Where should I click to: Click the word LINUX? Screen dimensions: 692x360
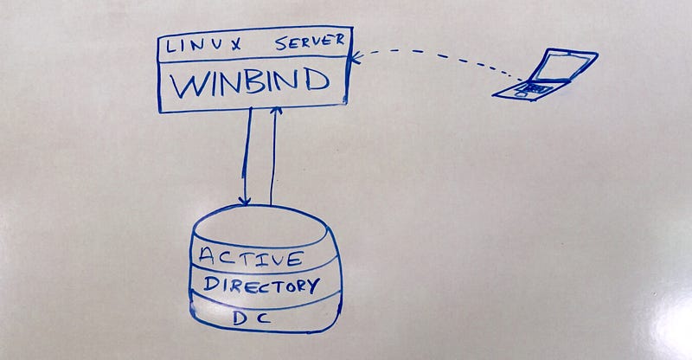coord(203,46)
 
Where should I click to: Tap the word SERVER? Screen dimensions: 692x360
coord(310,42)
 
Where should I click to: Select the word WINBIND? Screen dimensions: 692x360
coord(250,82)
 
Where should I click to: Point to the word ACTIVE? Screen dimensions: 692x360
coord(251,257)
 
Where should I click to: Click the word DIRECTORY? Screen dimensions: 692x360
coord(261,286)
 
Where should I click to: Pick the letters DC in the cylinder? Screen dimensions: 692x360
coord(252,318)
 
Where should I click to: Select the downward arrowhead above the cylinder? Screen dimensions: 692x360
coord(245,201)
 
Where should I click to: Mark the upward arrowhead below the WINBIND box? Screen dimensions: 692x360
coord(276,111)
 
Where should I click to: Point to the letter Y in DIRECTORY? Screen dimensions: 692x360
coord(312,286)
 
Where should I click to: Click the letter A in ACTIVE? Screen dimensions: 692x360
coord(207,255)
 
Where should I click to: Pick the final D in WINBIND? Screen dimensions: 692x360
coord(317,80)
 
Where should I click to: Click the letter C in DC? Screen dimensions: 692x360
coord(264,318)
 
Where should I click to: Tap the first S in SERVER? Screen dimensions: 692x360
coord(281,44)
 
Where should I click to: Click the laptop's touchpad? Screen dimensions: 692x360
coord(521,94)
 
